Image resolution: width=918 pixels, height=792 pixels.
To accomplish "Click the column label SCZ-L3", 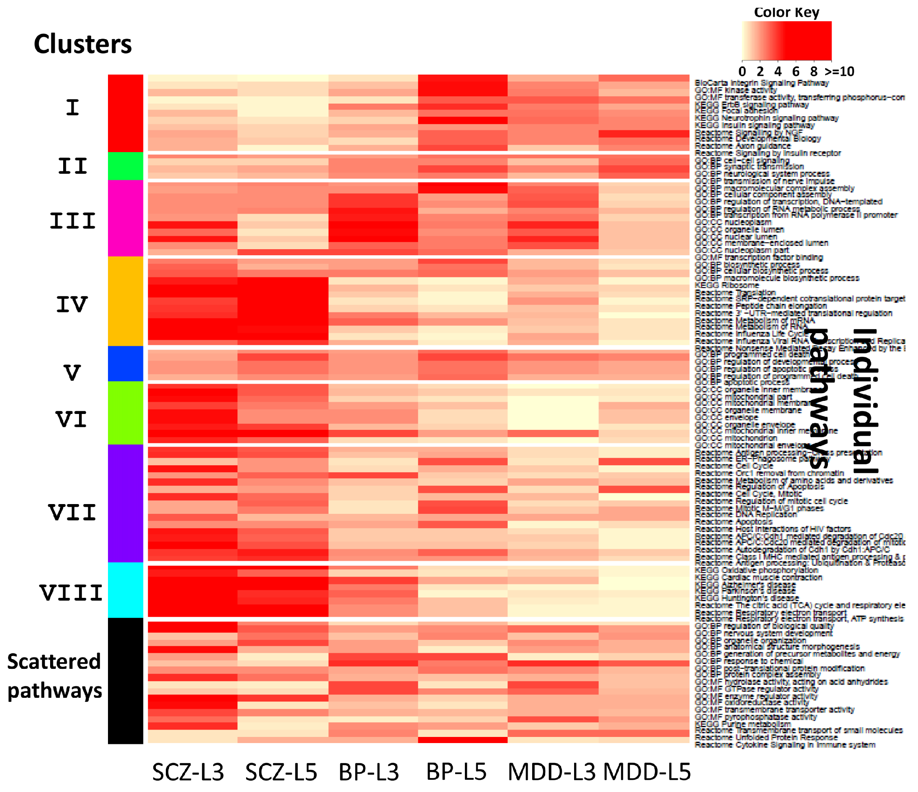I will [x=188, y=772].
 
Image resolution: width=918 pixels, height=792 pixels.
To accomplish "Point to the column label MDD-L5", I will [x=647, y=772].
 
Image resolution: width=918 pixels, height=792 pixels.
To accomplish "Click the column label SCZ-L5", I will [x=281, y=772].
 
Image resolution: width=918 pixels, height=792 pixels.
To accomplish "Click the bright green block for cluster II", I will [x=125, y=166].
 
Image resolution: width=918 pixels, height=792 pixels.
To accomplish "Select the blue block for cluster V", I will [x=125, y=364].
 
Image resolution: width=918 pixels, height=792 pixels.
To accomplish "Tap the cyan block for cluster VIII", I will [x=125, y=590].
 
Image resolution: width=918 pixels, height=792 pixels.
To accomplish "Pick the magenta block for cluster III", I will [x=125, y=218].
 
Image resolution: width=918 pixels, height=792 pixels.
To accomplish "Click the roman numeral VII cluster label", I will [x=72, y=513].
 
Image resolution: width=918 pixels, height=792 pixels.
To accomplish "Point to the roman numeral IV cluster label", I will [x=72, y=305].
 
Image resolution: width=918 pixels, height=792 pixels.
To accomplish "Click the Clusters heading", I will [x=83, y=44].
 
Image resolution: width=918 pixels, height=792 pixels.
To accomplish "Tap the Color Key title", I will [x=786, y=12].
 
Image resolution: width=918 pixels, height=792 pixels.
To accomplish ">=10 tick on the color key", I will [x=839, y=71].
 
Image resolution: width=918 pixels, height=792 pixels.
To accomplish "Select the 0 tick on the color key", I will [x=742, y=71].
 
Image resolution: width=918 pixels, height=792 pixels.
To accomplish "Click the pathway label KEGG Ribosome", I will [x=726, y=285].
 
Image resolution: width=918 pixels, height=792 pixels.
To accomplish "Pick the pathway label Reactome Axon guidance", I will [x=742, y=146].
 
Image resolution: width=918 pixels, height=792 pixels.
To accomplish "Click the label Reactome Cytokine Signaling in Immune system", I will [x=785, y=745].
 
